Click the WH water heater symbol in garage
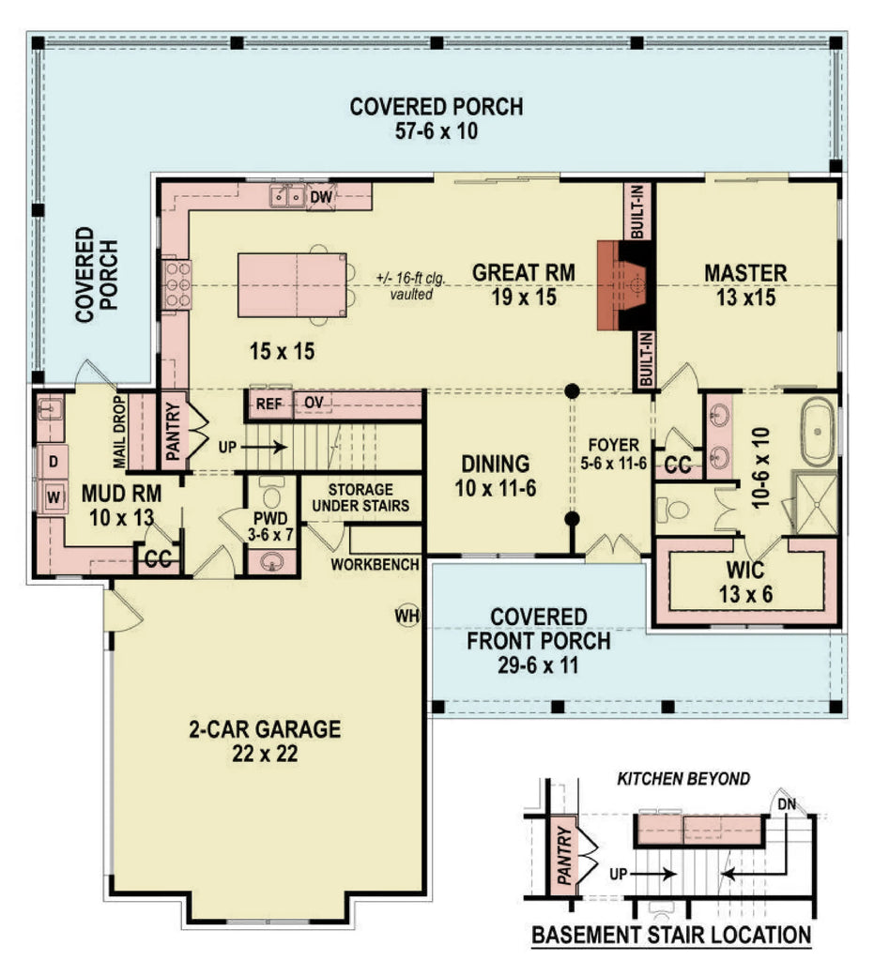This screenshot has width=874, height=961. (406, 616)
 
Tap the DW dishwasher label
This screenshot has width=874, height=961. (321, 196)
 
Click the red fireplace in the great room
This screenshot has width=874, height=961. (623, 284)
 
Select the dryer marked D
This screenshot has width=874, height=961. (53, 462)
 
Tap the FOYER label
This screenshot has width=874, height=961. (614, 444)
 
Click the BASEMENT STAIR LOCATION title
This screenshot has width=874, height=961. (670, 935)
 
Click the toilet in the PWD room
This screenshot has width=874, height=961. (272, 496)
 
